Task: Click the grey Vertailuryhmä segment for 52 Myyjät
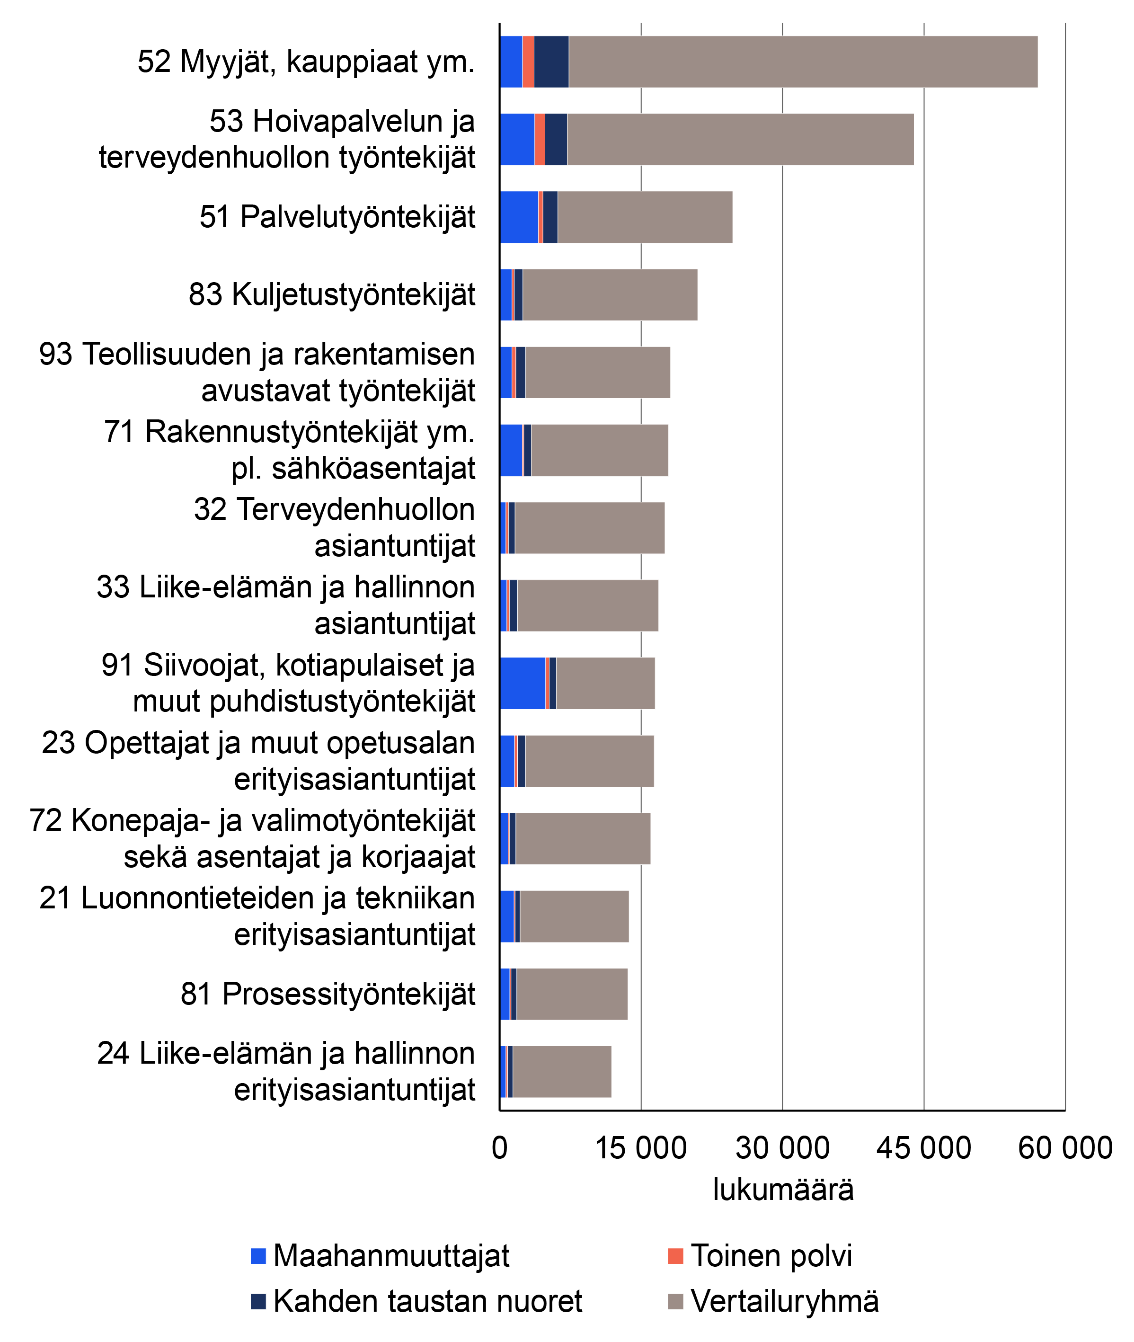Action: pos(803,62)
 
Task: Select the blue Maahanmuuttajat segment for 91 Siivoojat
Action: pos(523,683)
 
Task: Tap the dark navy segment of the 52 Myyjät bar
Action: pos(551,62)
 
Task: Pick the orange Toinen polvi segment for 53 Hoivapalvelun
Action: pos(540,140)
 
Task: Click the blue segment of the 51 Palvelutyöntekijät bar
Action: pos(519,217)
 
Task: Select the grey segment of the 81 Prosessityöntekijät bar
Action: pos(572,994)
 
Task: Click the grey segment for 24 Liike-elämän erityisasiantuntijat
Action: pos(562,1071)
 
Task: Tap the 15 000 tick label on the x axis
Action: pos(641,1148)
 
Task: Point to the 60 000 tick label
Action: pos(1064,1148)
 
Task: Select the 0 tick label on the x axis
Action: pos(499,1148)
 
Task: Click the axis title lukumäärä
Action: pos(782,1190)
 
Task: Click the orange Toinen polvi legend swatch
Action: pos(675,1255)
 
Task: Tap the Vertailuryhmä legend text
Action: pos(784,1301)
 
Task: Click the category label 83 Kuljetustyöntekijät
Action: pos(332,294)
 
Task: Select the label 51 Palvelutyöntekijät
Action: pos(337,217)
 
